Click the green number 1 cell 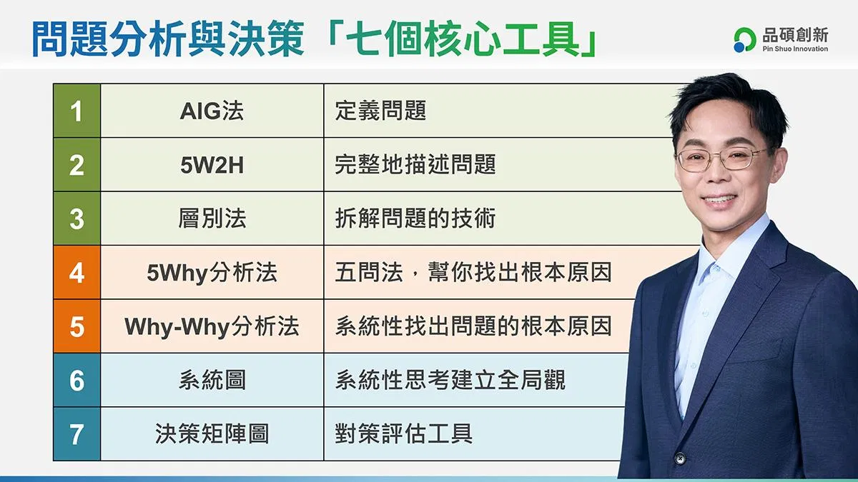[x=77, y=111]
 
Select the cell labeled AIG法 [x=212, y=111]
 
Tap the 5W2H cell [x=212, y=165]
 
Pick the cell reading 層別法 [x=212, y=219]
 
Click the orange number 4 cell [x=77, y=272]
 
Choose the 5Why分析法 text [x=212, y=273]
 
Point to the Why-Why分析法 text [x=212, y=327]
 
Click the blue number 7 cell [x=77, y=434]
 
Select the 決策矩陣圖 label [x=212, y=434]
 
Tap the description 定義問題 [x=380, y=111]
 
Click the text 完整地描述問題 [x=415, y=165]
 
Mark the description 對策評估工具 [x=404, y=434]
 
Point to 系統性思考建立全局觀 [x=450, y=380]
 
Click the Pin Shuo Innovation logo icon [x=744, y=40]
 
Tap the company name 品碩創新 [x=795, y=35]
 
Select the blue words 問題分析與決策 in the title [x=168, y=39]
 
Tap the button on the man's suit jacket [x=680, y=458]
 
